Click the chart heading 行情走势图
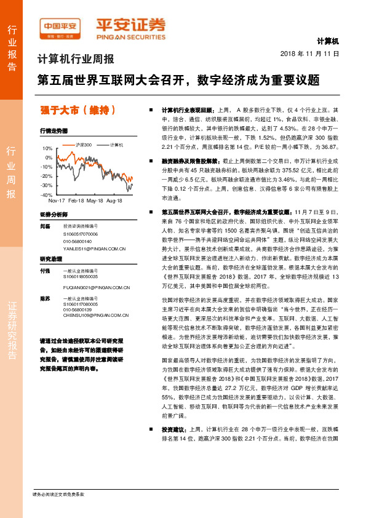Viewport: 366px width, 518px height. [53, 131]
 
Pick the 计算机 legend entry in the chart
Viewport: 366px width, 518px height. [117, 145]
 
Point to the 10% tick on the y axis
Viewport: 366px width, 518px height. [48, 149]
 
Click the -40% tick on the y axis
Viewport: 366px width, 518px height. [47, 194]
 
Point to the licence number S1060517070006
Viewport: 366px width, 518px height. [81, 234]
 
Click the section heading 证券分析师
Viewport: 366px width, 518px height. [54, 215]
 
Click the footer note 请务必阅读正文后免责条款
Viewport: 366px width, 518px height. [58, 494]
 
